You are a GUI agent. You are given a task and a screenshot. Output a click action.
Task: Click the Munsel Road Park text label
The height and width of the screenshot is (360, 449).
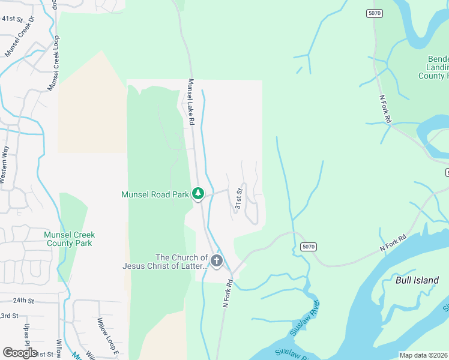click(155, 194)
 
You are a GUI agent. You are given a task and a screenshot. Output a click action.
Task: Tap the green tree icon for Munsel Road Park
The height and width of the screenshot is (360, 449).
click(198, 194)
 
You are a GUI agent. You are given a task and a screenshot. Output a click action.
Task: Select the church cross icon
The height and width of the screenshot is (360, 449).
click(216, 260)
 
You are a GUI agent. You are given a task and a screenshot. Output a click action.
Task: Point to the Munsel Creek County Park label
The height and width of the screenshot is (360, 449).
click(69, 239)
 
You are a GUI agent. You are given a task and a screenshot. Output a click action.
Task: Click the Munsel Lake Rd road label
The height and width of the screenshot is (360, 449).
click(191, 102)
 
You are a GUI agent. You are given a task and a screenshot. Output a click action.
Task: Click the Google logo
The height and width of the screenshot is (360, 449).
click(20, 353)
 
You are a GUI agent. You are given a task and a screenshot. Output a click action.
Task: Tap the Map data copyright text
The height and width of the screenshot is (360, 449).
click(423, 355)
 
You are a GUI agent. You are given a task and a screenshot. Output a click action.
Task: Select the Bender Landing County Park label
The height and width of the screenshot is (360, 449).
click(433, 68)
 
